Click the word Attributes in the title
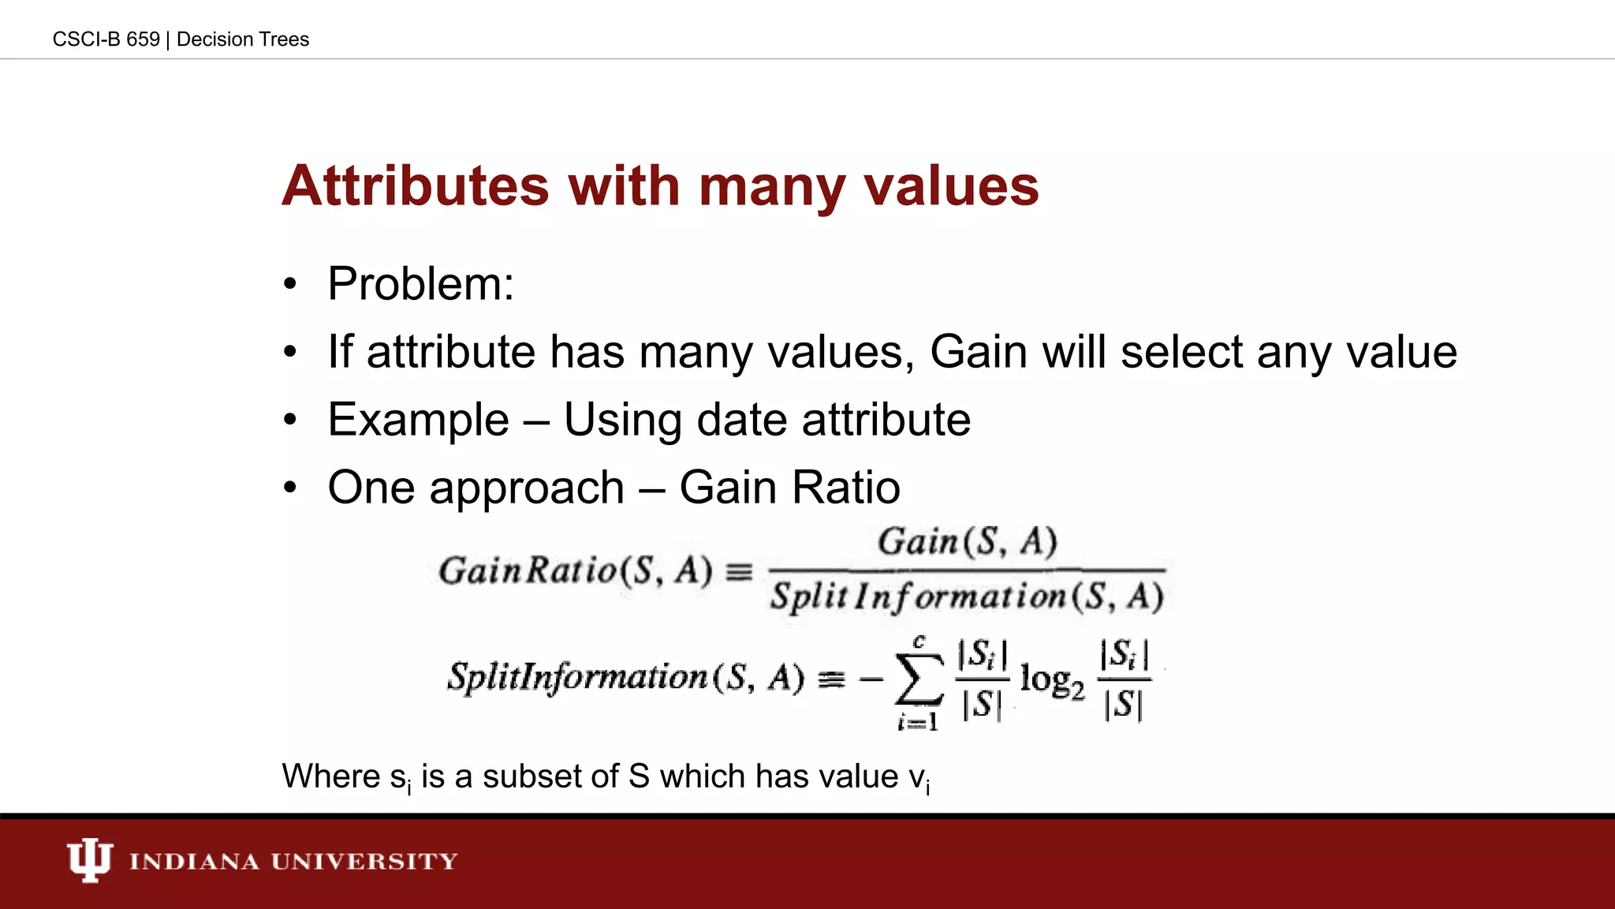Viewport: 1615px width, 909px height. pos(415,186)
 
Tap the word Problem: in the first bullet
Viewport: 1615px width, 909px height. pos(420,284)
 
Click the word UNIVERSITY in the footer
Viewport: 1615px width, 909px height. pos(364,861)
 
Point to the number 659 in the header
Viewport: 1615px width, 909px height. pos(143,39)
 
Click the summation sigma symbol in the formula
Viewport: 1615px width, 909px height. pos(919,679)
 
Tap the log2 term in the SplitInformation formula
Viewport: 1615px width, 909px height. pos(1052,680)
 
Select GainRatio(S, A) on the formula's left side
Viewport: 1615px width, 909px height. pos(575,570)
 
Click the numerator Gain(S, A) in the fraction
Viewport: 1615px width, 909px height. pos(968,542)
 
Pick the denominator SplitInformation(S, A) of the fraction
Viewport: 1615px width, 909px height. pos(967,597)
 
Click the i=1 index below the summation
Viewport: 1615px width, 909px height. pos(918,721)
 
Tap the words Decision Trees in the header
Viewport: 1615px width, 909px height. pos(243,39)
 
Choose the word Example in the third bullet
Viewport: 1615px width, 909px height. pos(418,420)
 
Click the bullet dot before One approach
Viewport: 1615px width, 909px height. pos(290,488)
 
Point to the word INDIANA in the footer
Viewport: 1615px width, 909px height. pos(194,861)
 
